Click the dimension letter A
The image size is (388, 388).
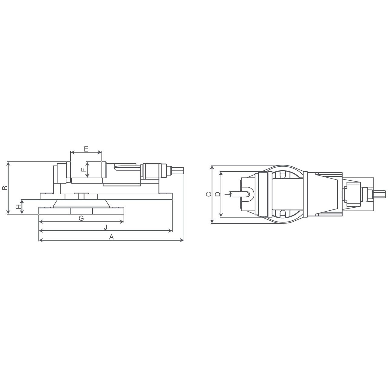click(111, 237)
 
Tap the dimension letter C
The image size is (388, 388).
click(209, 194)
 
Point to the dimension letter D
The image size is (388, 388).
click(218, 194)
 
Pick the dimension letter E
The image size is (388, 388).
click(86, 149)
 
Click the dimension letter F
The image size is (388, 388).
click(84, 170)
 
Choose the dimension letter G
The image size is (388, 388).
click(81, 218)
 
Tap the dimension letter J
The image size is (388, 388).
click(105, 228)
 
